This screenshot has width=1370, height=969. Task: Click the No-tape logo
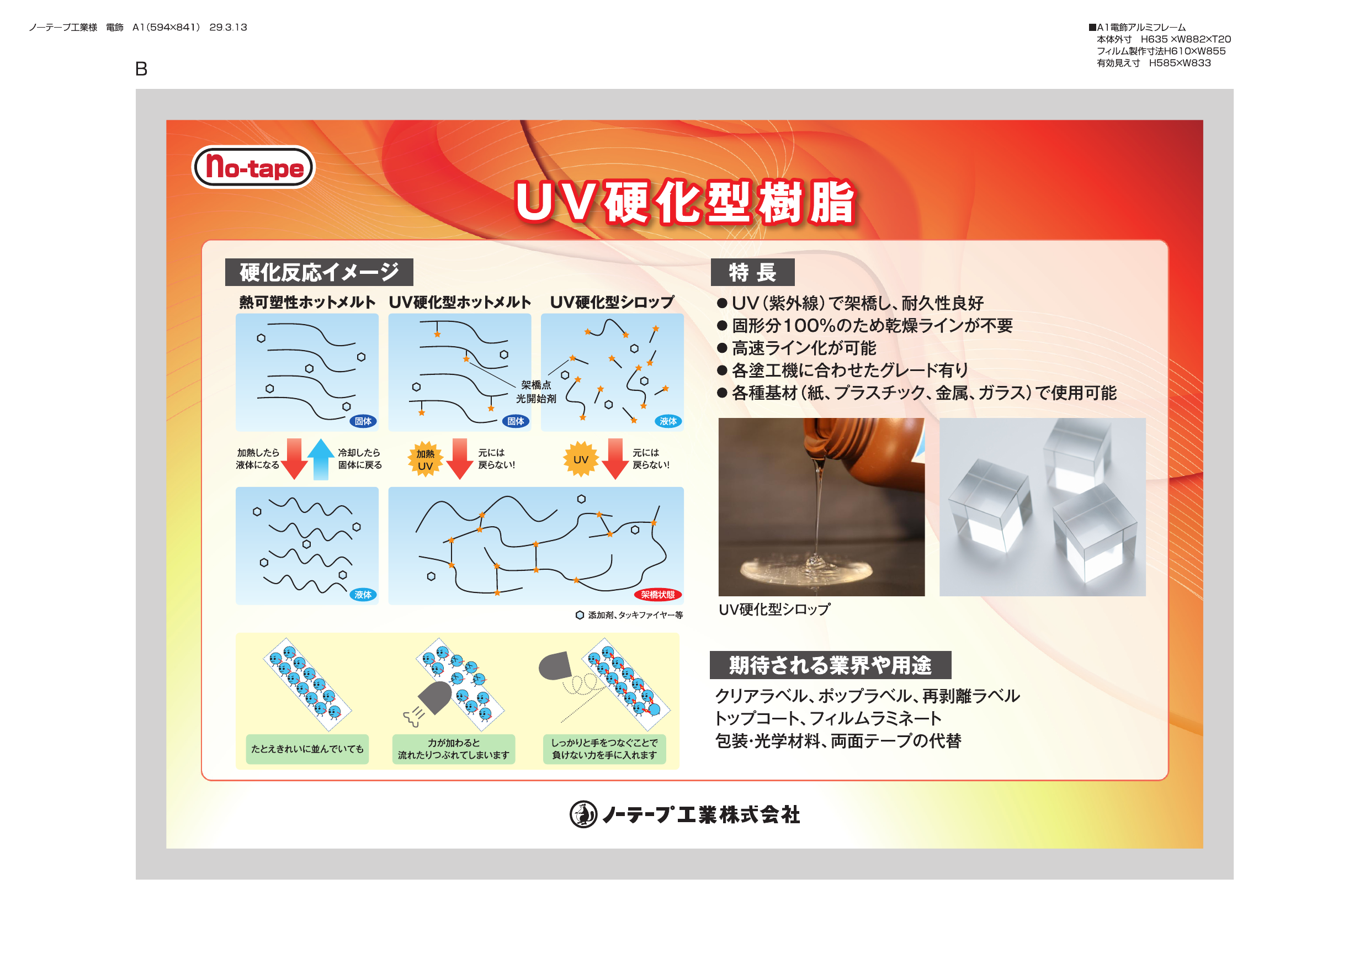pyautogui.click(x=253, y=167)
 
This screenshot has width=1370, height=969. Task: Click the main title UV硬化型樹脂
pyautogui.click(x=685, y=203)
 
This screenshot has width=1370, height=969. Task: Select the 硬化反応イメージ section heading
pyautogui.click(x=319, y=272)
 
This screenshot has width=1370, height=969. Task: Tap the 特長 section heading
pyautogui.click(x=752, y=272)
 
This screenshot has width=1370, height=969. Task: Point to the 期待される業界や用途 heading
pyautogui.click(x=830, y=665)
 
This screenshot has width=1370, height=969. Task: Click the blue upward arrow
pyautogui.click(x=321, y=459)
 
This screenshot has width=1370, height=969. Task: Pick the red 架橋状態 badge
pyautogui.click(x=657, y=595)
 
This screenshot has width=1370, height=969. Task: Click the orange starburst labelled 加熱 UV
pyautogui.click(x=425, y=460)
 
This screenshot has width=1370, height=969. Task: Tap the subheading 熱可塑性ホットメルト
pyautogui.click(x=307, y=302)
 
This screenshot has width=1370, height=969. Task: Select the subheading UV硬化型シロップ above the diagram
pyautogui.click(x=612, y=302)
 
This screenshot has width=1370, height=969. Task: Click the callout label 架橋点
pyautogui.click(x=536, y=385)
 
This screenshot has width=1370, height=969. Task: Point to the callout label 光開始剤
pyautogui.click(x=536, y=399)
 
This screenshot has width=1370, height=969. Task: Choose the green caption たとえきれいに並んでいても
pyautogui.click(x=307, y=749)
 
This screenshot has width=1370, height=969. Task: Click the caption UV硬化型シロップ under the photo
pyautogui.click(x=774, y=610)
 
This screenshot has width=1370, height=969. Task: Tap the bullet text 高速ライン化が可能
pyautogui.click(x=804, y=348)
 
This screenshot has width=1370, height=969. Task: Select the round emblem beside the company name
pyautogui.click(x=583, y=815)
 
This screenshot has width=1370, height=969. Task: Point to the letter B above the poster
pyautogui.click(x=141, y=69)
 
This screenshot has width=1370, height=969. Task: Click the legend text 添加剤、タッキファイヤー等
pyautogui.click(x=635, y=615)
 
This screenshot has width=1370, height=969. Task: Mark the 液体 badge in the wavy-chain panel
pyautogui.click(x=363, y=595)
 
